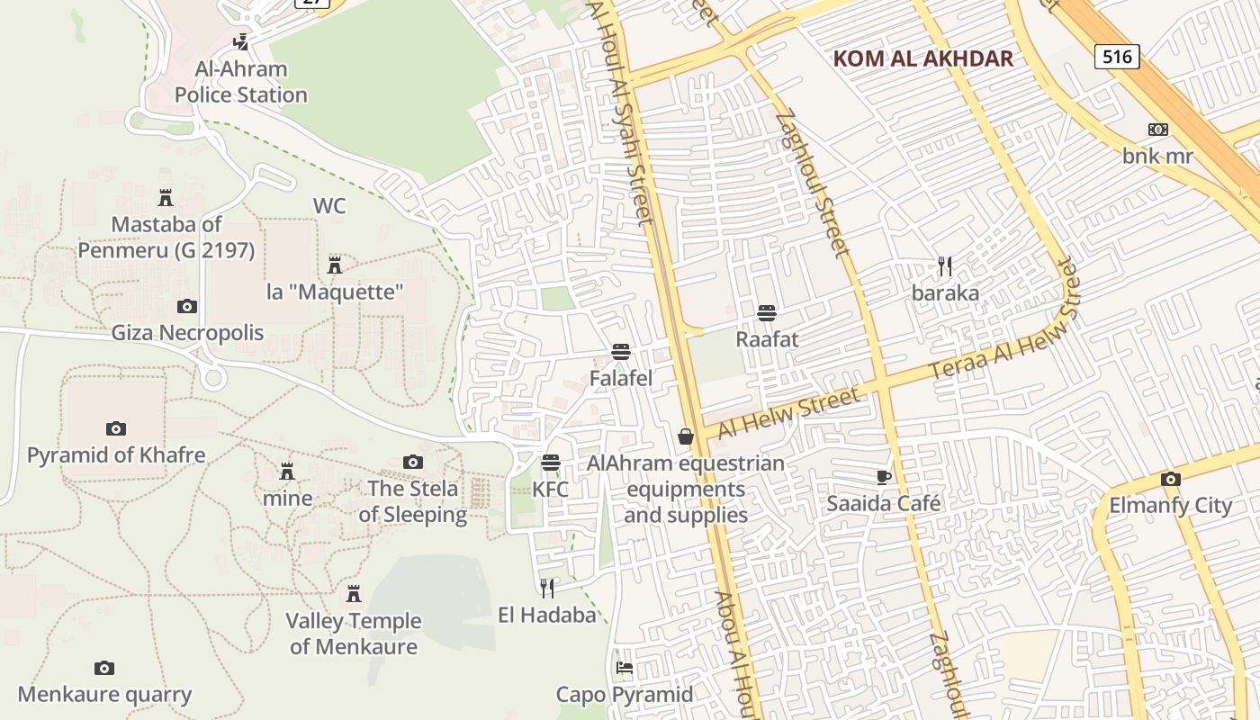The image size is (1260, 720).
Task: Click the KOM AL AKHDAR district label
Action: (x=922, y=59)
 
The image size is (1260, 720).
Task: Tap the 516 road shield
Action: (x=1117, y=57)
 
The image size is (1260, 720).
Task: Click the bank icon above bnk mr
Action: (x=1158, y=130)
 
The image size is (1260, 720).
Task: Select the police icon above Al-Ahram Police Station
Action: (x=240, y=41)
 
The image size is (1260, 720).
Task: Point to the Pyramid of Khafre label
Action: (x=116, y=455)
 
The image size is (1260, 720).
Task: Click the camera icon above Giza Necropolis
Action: (x=186, y=307)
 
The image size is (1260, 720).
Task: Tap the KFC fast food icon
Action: (x=551, y=463)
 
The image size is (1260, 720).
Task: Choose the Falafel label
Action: (x=620, y=379)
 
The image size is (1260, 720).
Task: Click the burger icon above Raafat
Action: (x=767, y=313)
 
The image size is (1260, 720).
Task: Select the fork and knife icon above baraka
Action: (x=945, y=266)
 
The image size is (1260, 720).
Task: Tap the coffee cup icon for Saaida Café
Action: (x=883, y=477)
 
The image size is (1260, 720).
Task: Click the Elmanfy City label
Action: (x=1170, y=506)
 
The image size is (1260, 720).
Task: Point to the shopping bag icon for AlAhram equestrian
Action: (x=686, y=436)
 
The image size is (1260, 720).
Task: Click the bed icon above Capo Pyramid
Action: (x=625, y=668)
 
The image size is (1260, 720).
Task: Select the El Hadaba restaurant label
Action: (x=547, y=616)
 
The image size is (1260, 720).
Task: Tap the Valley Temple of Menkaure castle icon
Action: (x=354, y=594)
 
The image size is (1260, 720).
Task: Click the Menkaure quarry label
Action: (x=104, y=695)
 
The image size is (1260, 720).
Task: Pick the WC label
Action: (x=329, y=206)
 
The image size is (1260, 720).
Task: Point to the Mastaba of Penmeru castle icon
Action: (x=166, y=197)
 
